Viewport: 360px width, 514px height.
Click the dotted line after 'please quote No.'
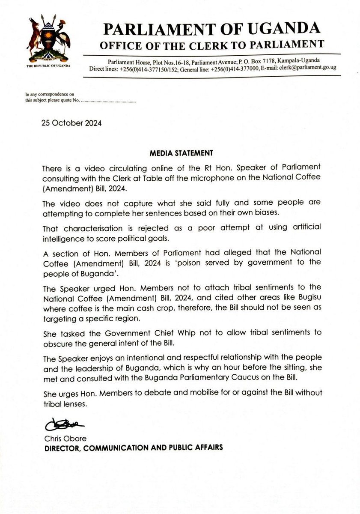pyautogui.click(x=108, y=103)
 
